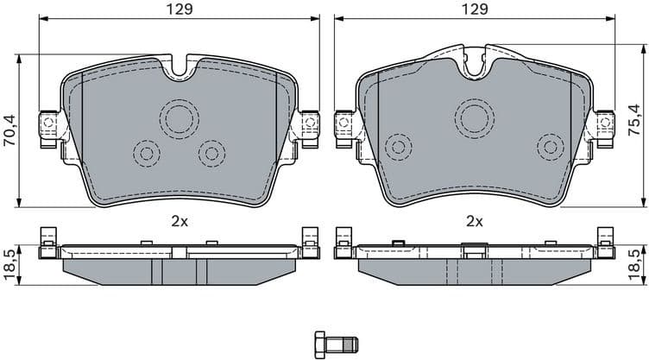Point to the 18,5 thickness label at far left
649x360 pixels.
[x=9, y=262]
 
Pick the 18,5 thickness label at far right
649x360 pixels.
[x=638, y=262]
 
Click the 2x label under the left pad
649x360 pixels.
[x=179, y=221]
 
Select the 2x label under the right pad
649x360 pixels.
[x=473, y=221]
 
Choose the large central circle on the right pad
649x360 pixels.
[x=475, y=116]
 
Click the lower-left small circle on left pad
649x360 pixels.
[x=146, y=154]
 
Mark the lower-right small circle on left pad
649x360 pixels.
[x=211, y=154]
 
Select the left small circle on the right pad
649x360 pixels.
[x=399, y=145]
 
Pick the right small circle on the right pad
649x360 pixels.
[x=550, y=145]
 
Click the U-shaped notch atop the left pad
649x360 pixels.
[x=180, y=68]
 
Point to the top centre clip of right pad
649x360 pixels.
[x=474, y=59]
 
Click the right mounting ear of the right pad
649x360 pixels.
[x=602, y=126]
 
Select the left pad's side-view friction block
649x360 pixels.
[x=180, y=269]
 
